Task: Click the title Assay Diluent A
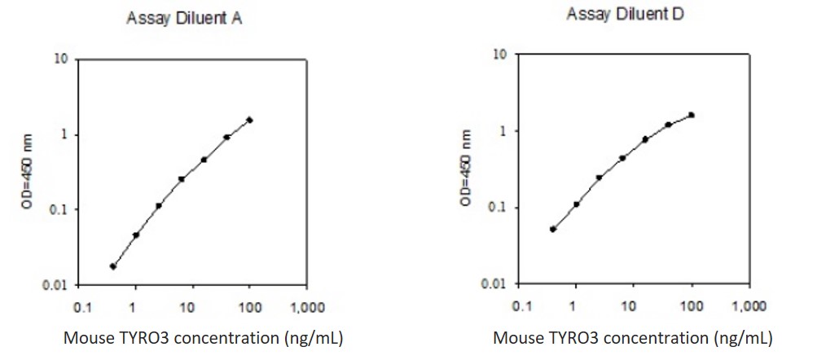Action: click(183, 20)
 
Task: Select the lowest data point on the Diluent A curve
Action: click(113, 266)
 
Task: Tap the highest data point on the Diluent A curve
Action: click(250, 120)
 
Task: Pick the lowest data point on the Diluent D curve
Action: click(553, 229)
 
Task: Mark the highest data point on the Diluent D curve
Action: click(692, 115)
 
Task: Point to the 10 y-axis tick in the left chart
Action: click(61, 59)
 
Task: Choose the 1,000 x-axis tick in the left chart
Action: click(306, 308)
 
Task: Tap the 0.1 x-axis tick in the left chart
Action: click(81, 308)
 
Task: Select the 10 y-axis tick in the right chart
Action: click(502, 55)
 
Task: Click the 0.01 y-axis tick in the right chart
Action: click(496, 283)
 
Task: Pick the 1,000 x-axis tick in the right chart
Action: click(748, 306)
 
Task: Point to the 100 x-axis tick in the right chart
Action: click(692, 306)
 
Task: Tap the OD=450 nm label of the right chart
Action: click(466, 168)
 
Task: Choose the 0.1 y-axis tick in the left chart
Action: click(59, 210)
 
